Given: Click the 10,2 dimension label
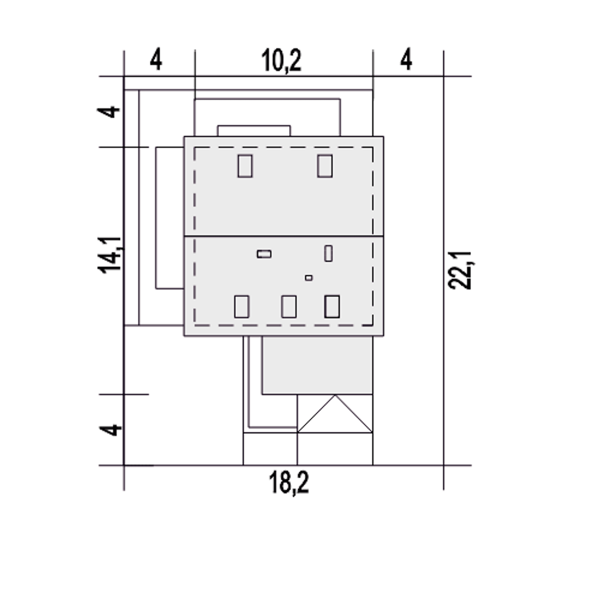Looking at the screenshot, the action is coord(281,60).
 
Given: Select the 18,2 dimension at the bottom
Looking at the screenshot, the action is coord(289,482).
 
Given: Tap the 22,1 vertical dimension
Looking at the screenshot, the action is coord(459,270).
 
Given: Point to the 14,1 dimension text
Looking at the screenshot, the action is coord(110,255).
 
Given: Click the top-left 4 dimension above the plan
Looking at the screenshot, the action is coord(156,59).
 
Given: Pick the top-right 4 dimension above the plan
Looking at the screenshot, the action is coord(406,59).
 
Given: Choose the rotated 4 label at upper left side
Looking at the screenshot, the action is coord(108,112).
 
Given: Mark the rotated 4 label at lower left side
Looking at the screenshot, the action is coord(110,430).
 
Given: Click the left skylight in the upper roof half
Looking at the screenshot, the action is coord(245,166).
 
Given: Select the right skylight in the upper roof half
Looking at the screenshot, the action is coord(325,166).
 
